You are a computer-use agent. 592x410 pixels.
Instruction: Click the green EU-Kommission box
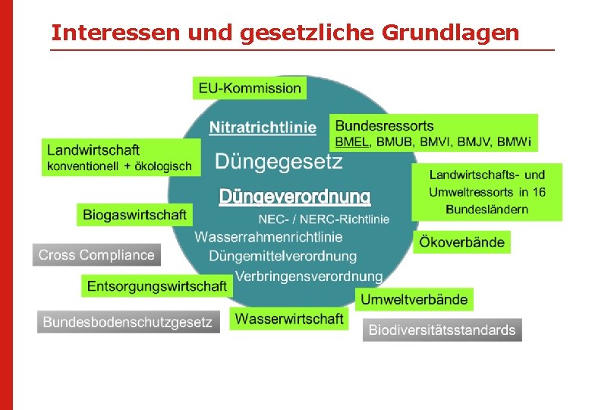tap(250, 88)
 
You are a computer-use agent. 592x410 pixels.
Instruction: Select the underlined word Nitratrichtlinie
tap(263, 128)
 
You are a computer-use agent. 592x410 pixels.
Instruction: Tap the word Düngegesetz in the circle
tap(279, 161)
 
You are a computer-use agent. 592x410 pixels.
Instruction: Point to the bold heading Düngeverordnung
tap(294, 197)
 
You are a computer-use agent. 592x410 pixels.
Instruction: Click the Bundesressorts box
tap(433, 133)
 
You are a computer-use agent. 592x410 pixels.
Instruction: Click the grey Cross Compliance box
tap(96, 255)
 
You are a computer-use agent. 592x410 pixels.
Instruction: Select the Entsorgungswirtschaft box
tap(156, 286)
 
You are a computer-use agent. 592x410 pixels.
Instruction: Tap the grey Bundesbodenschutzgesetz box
tap(128, 322)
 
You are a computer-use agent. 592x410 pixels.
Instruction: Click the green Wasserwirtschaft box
tap(289, 319)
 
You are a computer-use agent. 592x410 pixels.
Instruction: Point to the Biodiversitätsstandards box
tap(442, 330)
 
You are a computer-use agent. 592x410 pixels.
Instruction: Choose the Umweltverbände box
tap(414, 299)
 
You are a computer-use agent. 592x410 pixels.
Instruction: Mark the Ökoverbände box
tap(461, 243)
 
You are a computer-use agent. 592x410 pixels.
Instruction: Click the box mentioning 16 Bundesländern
tap(487, 192)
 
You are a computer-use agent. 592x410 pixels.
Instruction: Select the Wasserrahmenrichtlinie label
tap(269, 237)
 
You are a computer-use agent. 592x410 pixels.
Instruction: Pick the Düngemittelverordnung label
tap(282, 256)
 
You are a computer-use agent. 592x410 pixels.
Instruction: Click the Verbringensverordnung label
tap(308, 276)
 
